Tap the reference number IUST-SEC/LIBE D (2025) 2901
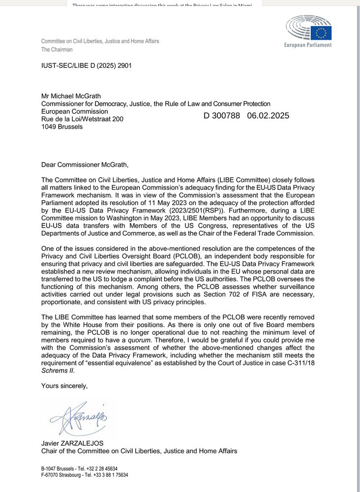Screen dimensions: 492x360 (87, 65)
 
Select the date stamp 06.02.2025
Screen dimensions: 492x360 (268, 116)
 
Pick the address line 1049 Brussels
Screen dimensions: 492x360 (62, 126)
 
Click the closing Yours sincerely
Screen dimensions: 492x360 (64, 386)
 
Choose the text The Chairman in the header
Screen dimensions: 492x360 (57, 50)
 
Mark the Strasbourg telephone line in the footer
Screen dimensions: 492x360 (85, 475)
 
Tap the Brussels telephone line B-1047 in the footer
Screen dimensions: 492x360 (79, 469)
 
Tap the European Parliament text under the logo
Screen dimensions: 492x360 (308, 45)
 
